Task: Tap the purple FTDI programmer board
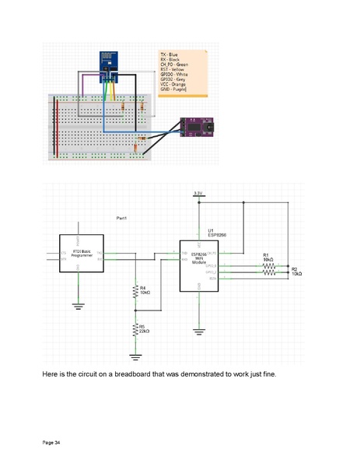coord(193,126)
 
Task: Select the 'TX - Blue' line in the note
coord(169,54)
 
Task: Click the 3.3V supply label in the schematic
coord(198,193)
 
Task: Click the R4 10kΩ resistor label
coord(145,290)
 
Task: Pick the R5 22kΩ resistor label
coord(145,329)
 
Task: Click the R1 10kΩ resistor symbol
coord(267,266)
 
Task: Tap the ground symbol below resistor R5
coord(136,356)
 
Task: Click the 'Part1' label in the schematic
coord(122,218)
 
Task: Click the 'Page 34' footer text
coord(51,442)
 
